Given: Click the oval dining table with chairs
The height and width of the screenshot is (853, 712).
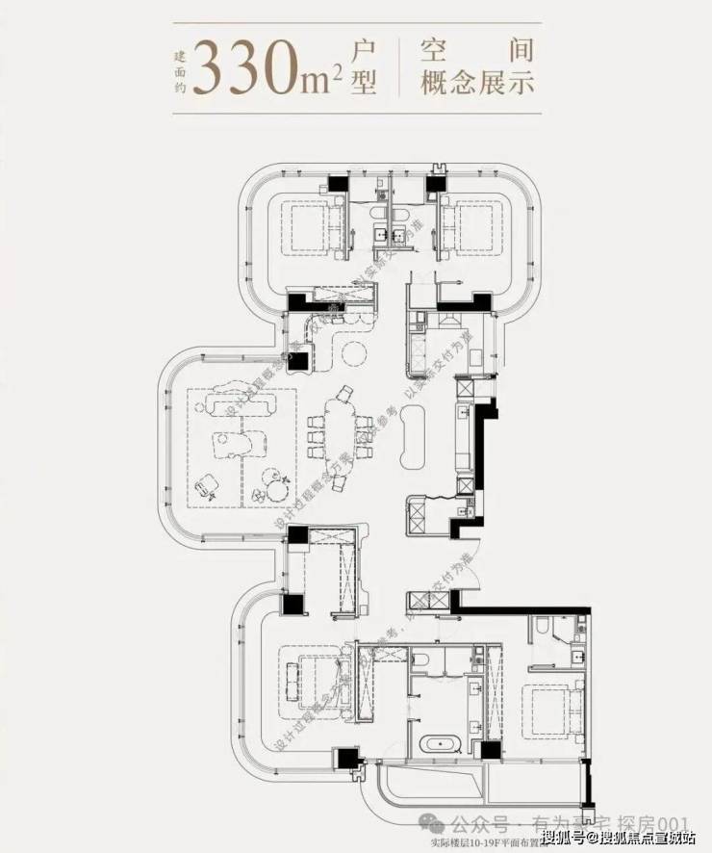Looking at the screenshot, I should pos(338,424).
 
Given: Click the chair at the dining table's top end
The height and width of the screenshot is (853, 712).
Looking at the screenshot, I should pos(343,392).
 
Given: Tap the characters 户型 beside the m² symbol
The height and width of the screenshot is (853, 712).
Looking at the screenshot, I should pos(365,65).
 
